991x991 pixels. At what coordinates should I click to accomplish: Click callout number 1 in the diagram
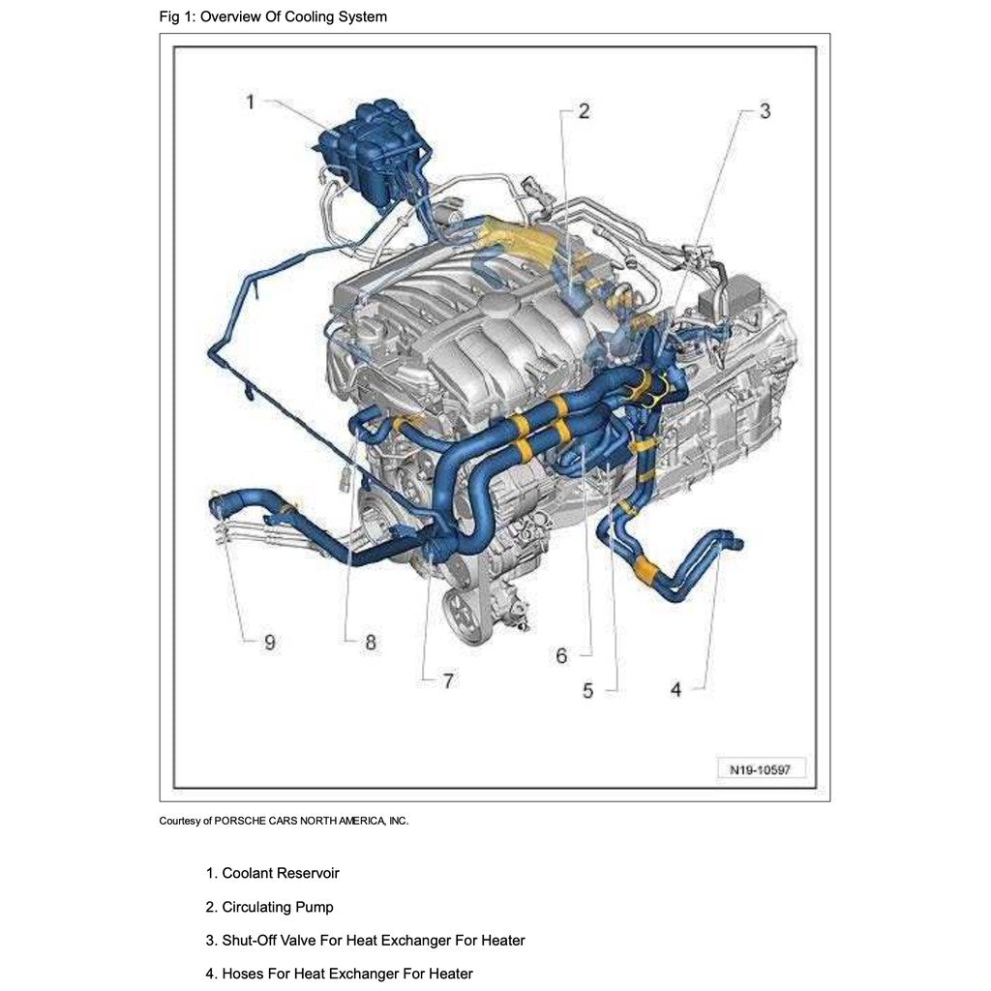(251, 102)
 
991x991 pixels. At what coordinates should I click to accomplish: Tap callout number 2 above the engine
(584, 111)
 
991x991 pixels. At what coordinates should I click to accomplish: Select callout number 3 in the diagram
(765, 111)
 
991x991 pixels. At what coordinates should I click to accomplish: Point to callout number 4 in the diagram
(676, 689)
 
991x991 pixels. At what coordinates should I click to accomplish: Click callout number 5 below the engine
(587, 691)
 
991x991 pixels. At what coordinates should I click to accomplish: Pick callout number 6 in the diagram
(561, 655)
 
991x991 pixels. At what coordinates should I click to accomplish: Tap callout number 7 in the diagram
(448, 680)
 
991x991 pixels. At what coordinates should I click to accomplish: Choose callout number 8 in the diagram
(371, 643)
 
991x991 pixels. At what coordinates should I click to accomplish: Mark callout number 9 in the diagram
(270, 643)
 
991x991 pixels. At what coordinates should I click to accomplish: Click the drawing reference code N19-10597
(761, 769)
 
